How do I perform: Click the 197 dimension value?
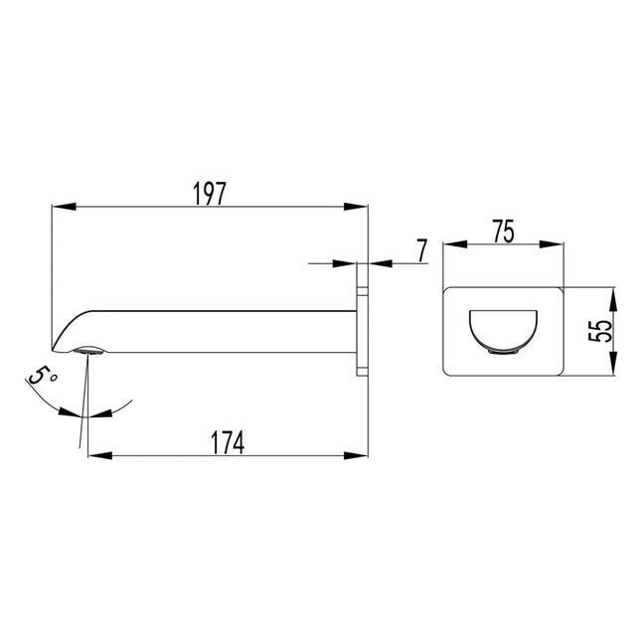click(x=209, y=194)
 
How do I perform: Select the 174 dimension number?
click(x=228, y=442)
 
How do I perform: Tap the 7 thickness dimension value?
click(x=422, y=250)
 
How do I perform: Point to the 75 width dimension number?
click(x=503, y=232)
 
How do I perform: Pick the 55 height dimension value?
click(x=600, y=331)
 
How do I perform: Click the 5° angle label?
click(x=42, y=375)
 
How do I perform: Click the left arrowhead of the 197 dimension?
click(x=65, y=207)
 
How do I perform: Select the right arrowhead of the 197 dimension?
click(x=356, y=207)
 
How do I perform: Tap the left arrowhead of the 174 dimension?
click(x=100, y=455)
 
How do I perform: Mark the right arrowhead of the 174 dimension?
click(x=356, y=455)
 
